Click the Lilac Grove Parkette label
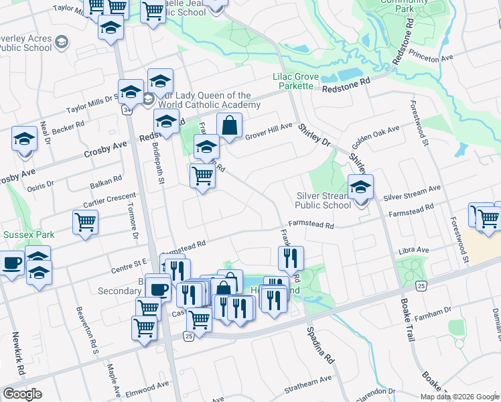point(293,82)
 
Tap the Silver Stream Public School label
point(324,200)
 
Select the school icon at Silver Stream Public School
point(360,187)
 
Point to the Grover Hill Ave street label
point(269,127)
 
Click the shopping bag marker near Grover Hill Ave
point(229,125)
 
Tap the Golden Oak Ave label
point(372,141)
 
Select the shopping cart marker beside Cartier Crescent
point(85,222)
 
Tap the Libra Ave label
point(413,251)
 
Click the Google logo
point(22,394)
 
